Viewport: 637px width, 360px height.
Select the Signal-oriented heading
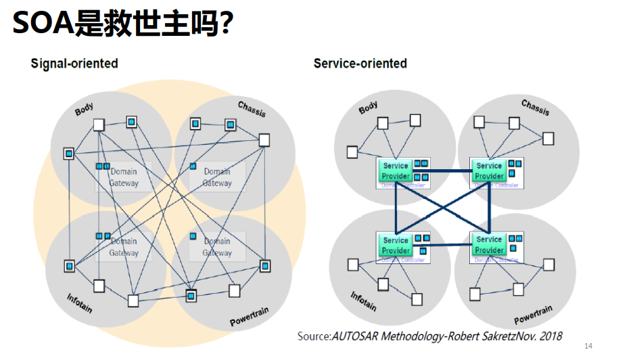point(74,64)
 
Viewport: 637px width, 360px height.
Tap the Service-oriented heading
point(360,64)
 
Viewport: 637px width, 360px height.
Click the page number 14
point(588,346)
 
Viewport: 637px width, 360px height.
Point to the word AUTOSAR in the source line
point(360,336)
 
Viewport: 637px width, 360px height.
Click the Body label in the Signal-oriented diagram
point(85,108)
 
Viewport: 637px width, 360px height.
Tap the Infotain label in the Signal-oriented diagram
point(80,303)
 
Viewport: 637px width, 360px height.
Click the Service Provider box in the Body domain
point(396,171)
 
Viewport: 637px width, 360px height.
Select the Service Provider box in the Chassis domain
point(489,171)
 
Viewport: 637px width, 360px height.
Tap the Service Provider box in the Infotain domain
point(396,245)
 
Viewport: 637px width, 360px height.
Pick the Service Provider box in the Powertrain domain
point(489,245)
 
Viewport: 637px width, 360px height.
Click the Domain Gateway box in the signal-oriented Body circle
point(124,177)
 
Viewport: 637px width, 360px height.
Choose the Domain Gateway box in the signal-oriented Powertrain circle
point(217,247)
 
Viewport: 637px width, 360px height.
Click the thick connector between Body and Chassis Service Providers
point(442,171)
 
